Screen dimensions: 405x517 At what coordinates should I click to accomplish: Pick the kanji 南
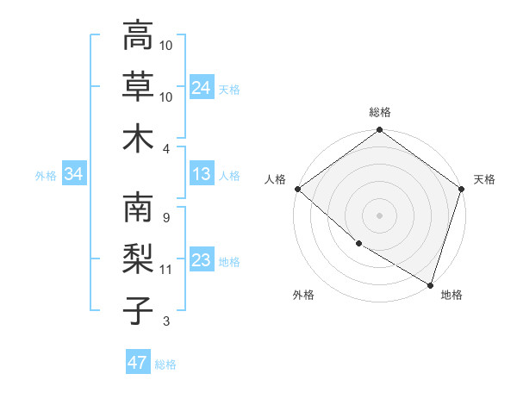tap(138, 209)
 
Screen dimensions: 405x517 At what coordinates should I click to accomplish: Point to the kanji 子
tap(138, 310)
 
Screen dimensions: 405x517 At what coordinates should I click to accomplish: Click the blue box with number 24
tap(201, 87)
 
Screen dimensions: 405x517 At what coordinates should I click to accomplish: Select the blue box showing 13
tap(201, 175)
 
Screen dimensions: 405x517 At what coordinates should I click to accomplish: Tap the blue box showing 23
tap(201, 261)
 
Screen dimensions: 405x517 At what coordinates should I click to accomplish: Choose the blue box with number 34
tap(73, 175)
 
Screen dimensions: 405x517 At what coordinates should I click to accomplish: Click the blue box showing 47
tap(137, 363)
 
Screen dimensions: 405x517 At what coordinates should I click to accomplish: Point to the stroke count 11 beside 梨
tap(165, 270)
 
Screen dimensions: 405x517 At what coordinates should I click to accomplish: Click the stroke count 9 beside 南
tap(165, 218)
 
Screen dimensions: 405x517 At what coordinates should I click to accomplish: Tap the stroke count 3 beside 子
tap(165, 321)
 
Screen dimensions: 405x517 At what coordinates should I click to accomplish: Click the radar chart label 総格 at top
tap(379, 113)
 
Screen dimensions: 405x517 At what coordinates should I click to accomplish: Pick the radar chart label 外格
tap(303, 295)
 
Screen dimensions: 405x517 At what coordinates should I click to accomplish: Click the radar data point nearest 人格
tap(297, 189)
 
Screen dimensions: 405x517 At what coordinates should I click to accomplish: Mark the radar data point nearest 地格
tap(429, 283)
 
